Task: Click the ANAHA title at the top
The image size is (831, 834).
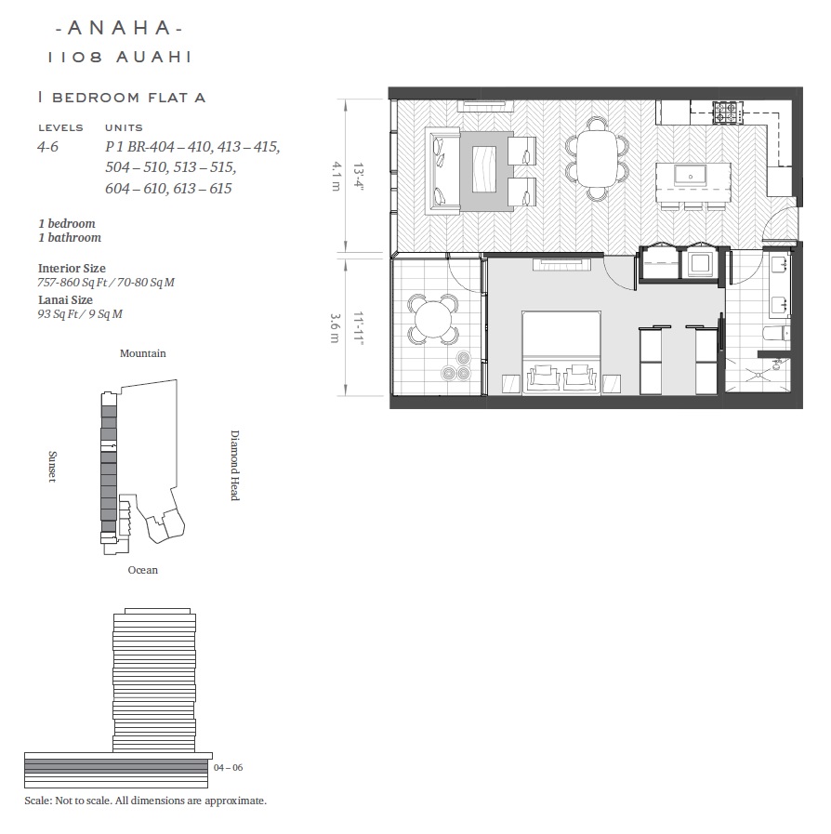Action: pyautogui.click(x=119, y=28)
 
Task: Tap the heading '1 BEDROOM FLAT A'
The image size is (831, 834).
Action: pyautogui.click(x=121, y=98)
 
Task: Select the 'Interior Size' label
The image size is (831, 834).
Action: pyautogui.click(x=72, y=268)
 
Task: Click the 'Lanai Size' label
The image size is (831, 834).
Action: pyautogui.click(x=65, y=299)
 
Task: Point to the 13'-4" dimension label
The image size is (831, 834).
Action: pyautogui.click(x=358, y=176)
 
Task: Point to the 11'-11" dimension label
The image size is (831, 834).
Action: pyautogui.click(x=358, y=328)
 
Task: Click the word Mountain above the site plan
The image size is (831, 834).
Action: pyautogui.click(x=142, y=353)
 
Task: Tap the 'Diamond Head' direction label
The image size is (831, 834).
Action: pyautogui.click(x=234, y=466)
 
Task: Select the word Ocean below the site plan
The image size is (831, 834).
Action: pyautogui.click(x=142, y=570)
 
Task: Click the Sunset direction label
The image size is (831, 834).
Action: pyautogui.click(x=52, y=467)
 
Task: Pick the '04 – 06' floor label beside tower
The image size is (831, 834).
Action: pyautogui.click(x=228, y=767)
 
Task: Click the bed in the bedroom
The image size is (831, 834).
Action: pyautogui.click(x=561, y=352)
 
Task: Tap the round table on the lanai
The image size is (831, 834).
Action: pyautogui.click(x=433, y=320)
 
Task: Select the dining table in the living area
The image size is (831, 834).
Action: pyautogui.click(x=597, y=158)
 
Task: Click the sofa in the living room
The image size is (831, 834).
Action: pyautogui.click(x=442, y=170)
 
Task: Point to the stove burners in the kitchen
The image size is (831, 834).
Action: pyautogui.click(x=727, y=113)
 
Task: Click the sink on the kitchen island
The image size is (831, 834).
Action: pyautogui.click(x=690, y=175)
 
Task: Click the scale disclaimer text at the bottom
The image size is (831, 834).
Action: pyautogui.click(x=146, y=801)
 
